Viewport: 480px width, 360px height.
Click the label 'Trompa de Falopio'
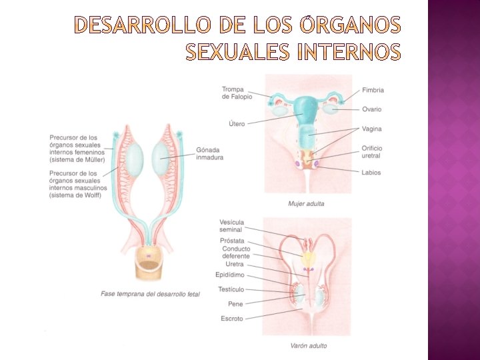[237, 93]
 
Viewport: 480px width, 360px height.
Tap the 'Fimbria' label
[373, 90]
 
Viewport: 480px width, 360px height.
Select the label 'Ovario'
[372, 109]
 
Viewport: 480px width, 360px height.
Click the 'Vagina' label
[372, 129]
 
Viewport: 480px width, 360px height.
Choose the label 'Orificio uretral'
[372, 152]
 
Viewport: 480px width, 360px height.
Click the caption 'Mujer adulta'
[306, 203]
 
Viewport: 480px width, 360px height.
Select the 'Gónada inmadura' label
[209, 153]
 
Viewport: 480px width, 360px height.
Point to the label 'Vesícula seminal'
[231, 226]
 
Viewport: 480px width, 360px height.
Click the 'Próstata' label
[232, 241]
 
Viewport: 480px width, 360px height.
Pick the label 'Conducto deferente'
[236, 253]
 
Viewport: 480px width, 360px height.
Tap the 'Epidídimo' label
[230, 275]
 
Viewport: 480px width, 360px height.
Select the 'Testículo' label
[231, 289]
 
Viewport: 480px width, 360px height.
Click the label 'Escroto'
[232, 319]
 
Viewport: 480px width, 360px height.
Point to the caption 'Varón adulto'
[308, 345]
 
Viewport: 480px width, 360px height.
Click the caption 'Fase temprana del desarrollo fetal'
[150, 293]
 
